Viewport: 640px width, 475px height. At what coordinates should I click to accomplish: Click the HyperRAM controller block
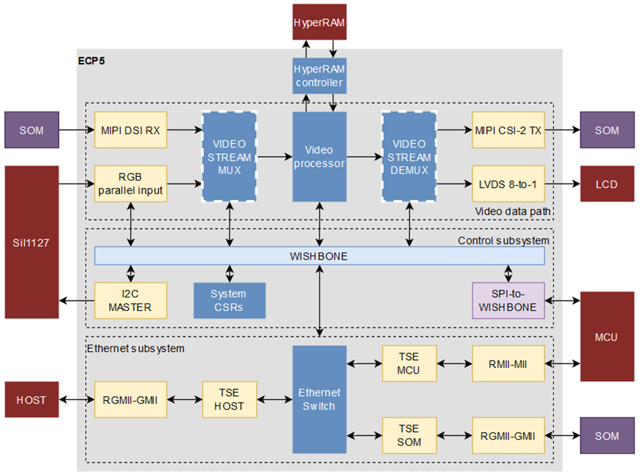click(319, 76)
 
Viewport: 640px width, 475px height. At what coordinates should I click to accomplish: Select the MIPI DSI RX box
click(131, 130)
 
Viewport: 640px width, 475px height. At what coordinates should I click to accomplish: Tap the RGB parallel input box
click(131, 184)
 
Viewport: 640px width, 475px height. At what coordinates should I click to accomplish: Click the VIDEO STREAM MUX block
click(229, 157)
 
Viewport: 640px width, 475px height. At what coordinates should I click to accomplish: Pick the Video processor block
click(319, 157)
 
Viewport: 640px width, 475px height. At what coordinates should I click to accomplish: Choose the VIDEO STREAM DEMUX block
click(409, 157)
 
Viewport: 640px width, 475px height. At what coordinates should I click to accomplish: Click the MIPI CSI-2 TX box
click(508, 130)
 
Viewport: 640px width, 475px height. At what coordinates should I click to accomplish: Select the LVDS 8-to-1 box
click(508, 184)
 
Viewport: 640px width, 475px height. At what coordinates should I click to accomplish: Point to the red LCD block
click(607, 184)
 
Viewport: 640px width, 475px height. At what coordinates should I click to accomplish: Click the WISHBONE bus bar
click(319, 256)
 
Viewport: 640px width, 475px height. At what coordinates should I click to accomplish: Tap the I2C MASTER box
click(131, 300)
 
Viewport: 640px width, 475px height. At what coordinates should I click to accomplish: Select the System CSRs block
click(229, 300)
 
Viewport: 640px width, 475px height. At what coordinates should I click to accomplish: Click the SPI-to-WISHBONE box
click(508, 300)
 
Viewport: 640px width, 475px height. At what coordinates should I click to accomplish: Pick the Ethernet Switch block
click(319, 399)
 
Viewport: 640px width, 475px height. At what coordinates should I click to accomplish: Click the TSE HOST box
click(229, 399)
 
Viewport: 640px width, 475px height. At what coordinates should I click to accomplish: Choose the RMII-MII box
click(508, 363)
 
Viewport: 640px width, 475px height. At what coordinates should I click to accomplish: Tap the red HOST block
click(31, 399)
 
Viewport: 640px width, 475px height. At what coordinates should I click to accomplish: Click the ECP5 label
click(91, 61)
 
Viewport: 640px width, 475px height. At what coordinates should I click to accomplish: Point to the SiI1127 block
click(31, 242)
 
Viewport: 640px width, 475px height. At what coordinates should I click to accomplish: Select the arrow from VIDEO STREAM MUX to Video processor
click(274, 157)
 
